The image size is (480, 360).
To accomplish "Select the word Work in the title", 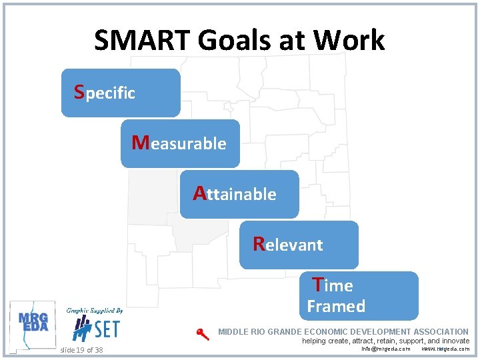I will [349, 40].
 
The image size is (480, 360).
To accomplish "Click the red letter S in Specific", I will [79, 91].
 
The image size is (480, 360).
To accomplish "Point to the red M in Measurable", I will [140, 142].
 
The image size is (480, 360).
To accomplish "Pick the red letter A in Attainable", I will [199, 193].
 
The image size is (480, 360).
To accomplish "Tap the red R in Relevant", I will [259, 244].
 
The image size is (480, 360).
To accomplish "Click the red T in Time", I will [319, 285].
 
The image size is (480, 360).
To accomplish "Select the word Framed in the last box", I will [336, 307].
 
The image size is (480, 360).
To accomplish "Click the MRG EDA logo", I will [33, 324].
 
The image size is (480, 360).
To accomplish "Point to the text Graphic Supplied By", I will [94, 311].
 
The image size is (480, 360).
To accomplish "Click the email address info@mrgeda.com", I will [385, 349].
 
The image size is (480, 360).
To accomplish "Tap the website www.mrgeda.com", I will [445, 349].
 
